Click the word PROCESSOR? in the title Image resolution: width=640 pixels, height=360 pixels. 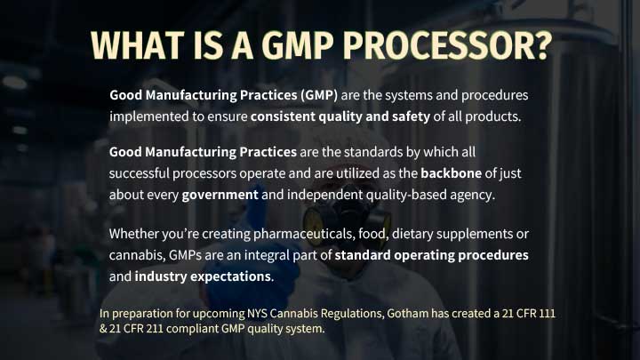coord(447,45)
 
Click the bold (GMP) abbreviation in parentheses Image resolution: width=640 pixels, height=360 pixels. coord(319,95)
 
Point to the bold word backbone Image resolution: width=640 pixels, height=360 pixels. coord(451,173)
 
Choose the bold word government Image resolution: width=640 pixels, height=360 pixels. coord(220,195)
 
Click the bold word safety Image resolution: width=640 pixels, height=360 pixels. coord(411,116)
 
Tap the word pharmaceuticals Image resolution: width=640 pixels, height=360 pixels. coord(304,234)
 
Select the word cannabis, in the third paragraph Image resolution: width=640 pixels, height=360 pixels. coord(137,255)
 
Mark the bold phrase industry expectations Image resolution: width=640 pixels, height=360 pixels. coord(203,276)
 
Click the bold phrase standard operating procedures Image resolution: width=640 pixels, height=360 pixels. coord(431,255)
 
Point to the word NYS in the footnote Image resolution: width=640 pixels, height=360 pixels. coord(257,314)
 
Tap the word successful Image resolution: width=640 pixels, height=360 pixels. coord(139,173)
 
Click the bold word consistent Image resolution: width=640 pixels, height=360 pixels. coord(283,116)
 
